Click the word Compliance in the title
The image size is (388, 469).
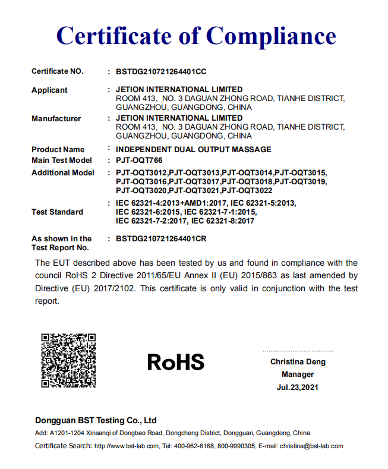pos(271,36)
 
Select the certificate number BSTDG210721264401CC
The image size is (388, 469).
pos(161,71)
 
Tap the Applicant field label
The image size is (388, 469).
pos(49,90)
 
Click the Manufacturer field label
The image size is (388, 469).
pos(56,119)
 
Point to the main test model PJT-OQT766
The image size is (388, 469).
pos(139,160)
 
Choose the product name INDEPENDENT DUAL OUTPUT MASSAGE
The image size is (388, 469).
pos(194,149)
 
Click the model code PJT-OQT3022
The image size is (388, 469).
pos(247,190)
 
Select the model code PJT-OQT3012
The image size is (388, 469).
pos(141,173)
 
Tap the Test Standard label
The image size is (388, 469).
pos(57,212)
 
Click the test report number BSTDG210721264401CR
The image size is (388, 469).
pos(161,239)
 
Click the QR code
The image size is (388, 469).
pos(68,360)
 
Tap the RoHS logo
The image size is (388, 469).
pos(175,361)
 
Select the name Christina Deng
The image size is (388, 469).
pos(298,362)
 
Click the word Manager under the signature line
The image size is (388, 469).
pos(298,374)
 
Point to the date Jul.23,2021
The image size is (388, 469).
pos(298,388)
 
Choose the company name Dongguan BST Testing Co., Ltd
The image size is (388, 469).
pos(95,420)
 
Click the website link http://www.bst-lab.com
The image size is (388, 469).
pos(127,446)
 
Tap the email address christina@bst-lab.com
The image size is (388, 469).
pos(312,446)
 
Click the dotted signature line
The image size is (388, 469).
pos(298,351)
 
